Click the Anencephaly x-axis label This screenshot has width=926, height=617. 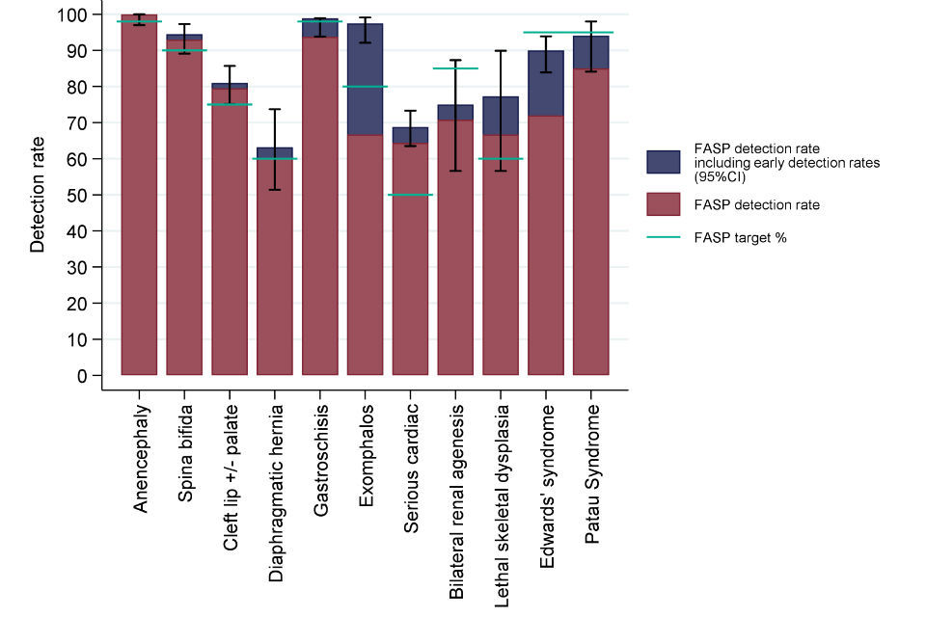141,453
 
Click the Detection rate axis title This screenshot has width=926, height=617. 38,194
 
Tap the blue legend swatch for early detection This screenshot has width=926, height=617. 663,162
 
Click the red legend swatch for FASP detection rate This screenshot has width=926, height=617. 663,205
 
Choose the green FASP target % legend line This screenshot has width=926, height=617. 663,237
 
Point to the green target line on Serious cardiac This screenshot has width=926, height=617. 411,195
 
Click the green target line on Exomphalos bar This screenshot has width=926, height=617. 366,87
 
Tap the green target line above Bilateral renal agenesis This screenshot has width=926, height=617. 455,68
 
